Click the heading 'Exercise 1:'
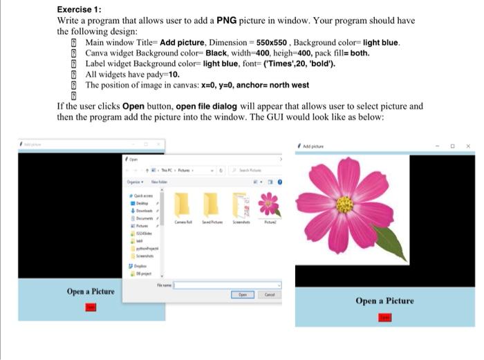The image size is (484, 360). (80, 9)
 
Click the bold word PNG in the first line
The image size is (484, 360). (227, 21)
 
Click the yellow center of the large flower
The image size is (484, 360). (344, 205)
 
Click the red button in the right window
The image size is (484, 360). (385, 317)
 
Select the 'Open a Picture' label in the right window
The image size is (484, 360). (384, 301)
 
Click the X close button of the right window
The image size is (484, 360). (468, 146)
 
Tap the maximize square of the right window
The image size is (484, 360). (452, 146)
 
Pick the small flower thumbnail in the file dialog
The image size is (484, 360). (268, 205)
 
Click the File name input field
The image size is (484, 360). (227, 284)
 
